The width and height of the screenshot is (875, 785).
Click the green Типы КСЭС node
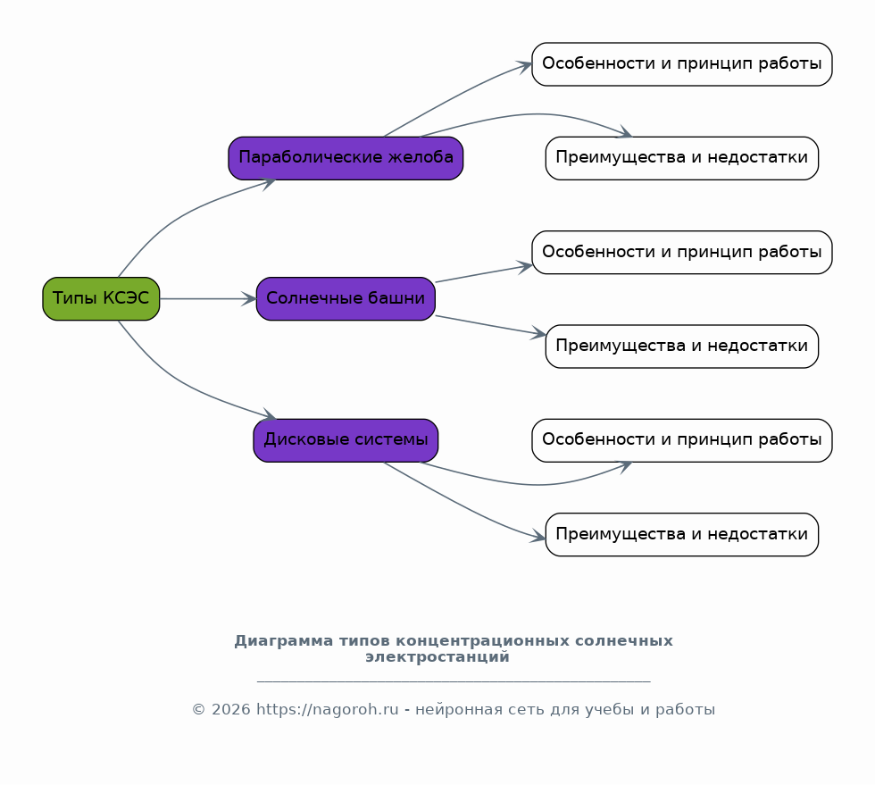pos(101,298)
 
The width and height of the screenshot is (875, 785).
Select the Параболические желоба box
pos(346,158)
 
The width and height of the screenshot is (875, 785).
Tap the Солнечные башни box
pos(346,298)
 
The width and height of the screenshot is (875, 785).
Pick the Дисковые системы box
pos(346,440)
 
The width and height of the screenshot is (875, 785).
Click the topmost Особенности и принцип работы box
pos(682,64)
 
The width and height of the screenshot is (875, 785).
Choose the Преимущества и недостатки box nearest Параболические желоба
pos(682,158)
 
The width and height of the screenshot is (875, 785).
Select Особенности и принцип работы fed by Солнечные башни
pos(682,253)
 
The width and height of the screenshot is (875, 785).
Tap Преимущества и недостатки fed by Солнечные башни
pos(682,347)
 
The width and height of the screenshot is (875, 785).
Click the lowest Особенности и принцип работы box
pos(682,440)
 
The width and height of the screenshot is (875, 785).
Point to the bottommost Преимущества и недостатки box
pos(682,535)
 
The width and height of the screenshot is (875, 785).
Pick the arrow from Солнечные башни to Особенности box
pos(483,274)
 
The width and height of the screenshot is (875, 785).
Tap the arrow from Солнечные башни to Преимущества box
pos(489,325)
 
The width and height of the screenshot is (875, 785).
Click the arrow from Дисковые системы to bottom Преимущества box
pos(464,505)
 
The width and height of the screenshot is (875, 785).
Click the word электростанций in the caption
pos(437,657)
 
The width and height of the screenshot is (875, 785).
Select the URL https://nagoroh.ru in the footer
pos(327,710)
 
